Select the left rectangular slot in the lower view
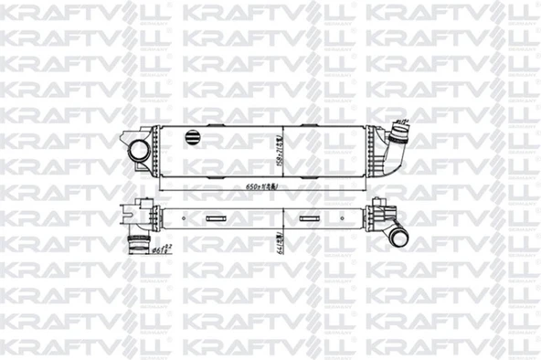215,218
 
